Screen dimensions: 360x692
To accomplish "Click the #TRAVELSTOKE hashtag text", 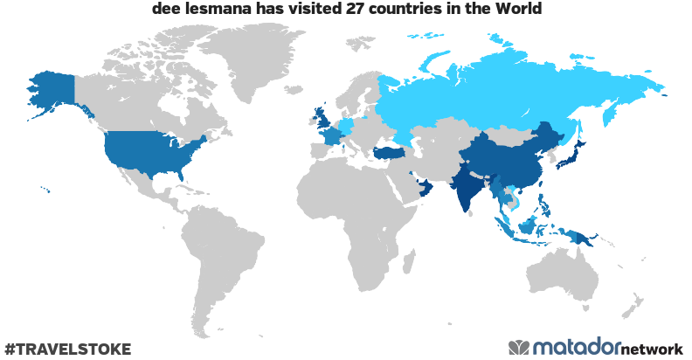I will (67, 349).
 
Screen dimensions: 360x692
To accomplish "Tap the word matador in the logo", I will (576, 347).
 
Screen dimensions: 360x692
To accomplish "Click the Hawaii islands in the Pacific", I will (45, 191).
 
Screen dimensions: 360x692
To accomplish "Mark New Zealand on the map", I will (630, 311).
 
